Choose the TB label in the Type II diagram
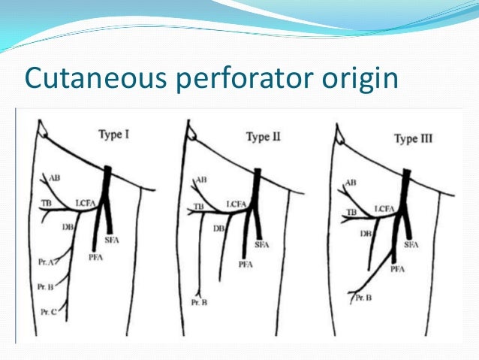199,206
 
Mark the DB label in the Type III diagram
366,234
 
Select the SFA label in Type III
411,246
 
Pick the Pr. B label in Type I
44,287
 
